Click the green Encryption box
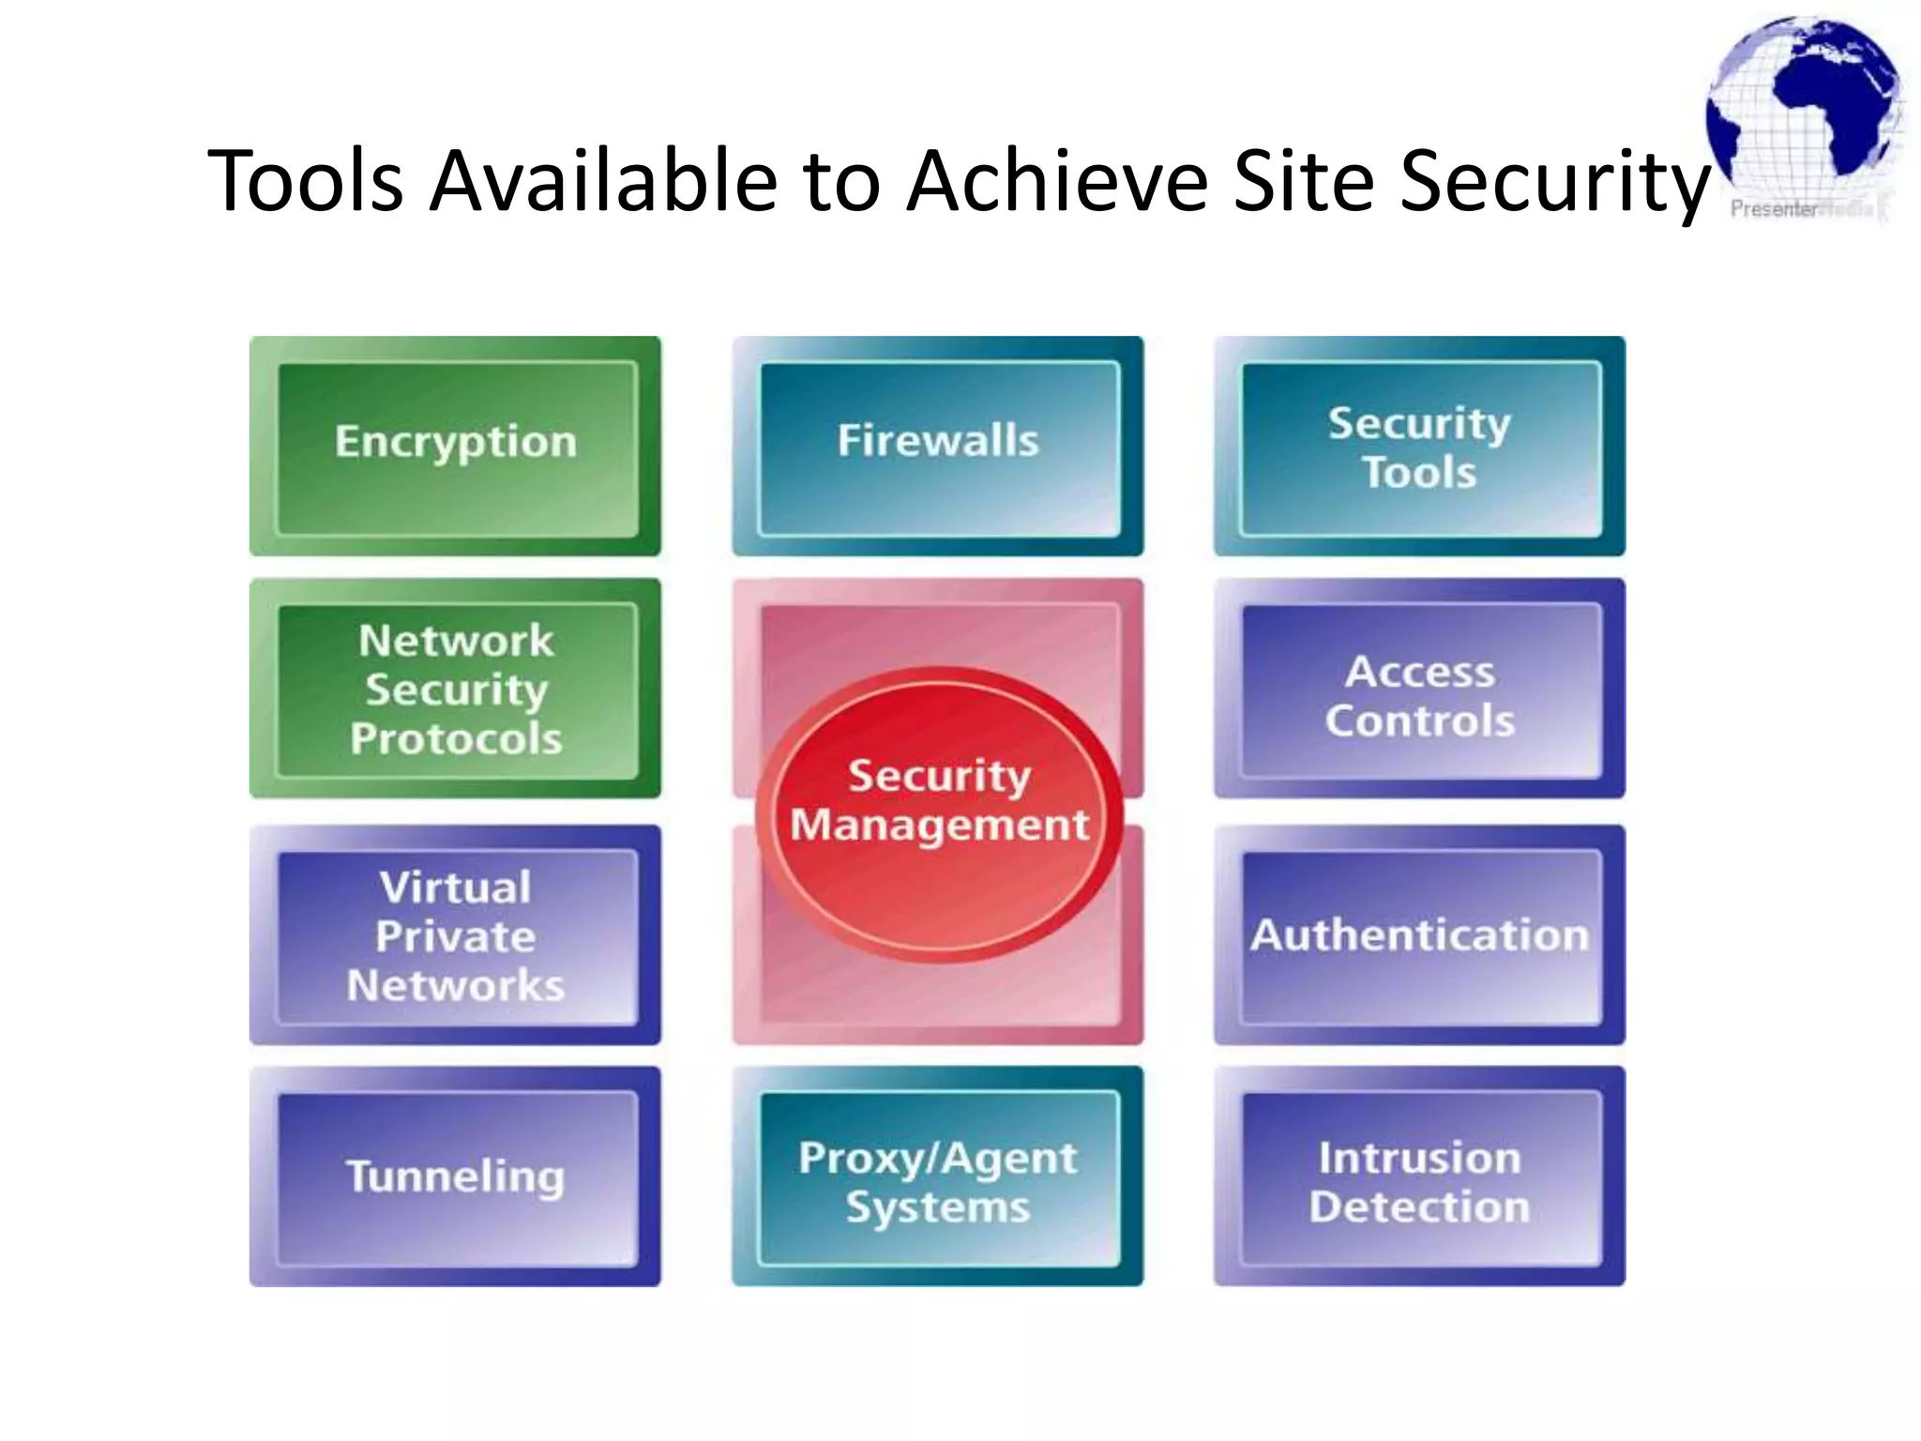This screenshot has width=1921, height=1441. (456, 446)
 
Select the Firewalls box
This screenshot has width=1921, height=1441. (938, 446)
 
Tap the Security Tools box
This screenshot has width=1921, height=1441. (1419, 447)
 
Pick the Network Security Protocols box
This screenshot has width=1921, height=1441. (456, 688)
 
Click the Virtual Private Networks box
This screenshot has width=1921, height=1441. (456, 935)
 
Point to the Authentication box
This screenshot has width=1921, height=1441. (1419, 935)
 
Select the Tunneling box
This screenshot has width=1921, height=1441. (456, 1176)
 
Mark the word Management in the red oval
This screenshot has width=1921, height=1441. (939, 826)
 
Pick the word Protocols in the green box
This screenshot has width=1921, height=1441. (456, 738)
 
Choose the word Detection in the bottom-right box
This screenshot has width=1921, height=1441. (1419, 1206)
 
